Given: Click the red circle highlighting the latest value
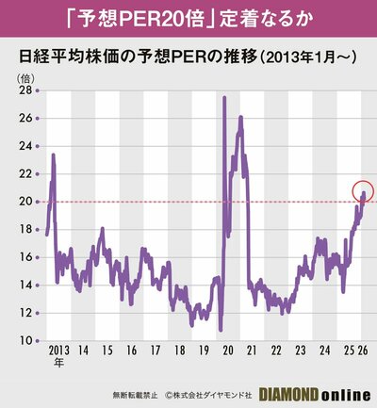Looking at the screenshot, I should coord(362,191).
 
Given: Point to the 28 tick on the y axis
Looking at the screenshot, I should coord(27,90).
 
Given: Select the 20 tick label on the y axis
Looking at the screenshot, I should coord(27,202).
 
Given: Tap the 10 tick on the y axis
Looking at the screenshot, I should coord(27,340).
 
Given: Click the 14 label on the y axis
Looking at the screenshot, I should coord(27,285).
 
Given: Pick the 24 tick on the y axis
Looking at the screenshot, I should coord(27,146).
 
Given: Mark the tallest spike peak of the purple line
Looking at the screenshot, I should coord(223,98).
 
